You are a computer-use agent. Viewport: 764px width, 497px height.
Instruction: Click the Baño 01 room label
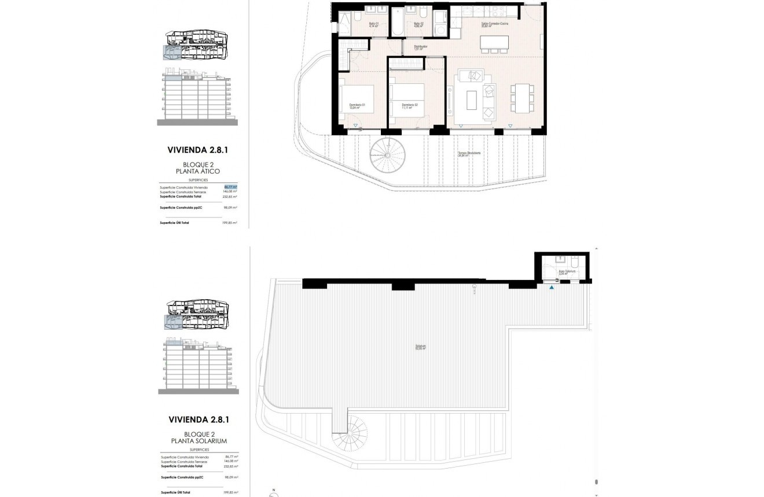373,24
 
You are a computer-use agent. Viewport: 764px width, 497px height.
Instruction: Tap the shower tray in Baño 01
344,23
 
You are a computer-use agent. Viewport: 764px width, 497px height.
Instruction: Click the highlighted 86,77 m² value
231,187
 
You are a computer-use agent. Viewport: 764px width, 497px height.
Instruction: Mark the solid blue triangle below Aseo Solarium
552,287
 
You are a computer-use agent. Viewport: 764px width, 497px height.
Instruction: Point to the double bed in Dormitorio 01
356,98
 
